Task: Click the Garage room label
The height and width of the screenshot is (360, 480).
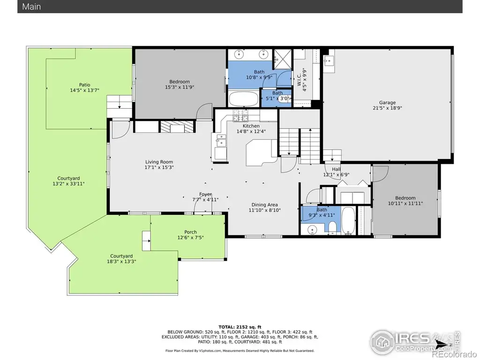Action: [x=387, y=103]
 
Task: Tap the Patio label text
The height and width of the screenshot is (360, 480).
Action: [x=84, y=85]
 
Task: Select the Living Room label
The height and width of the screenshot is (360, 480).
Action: [x=159, y=162]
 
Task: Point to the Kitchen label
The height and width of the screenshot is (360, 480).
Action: [x=251, y=126]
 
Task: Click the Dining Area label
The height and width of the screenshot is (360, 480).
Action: [x=264, y=205]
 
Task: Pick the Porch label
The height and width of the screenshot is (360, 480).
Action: [x=190, y=232]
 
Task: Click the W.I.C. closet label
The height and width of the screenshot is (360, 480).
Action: [x=300, y=79]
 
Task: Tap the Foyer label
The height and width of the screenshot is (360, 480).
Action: [x=205, y=194]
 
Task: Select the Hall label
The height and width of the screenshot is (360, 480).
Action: [x=336, y=169]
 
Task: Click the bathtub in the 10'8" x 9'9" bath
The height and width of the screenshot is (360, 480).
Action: [x=244, y=98]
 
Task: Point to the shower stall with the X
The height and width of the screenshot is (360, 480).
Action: [x=283, y=59]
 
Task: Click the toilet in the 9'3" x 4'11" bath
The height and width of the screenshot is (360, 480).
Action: [x=332, y=227]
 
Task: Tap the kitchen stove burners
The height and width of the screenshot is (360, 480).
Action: [x=240, y=115]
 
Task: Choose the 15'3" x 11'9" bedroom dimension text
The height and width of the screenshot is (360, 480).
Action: [x=180, y=87]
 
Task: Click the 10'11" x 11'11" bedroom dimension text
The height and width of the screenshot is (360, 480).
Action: [x=405, y=203]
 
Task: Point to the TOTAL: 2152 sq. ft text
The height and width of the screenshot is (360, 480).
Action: [x=240, y=327]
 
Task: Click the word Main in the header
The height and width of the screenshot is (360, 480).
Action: [x=31, y=7]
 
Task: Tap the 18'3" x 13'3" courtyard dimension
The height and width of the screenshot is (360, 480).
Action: [x=121, y=262]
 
